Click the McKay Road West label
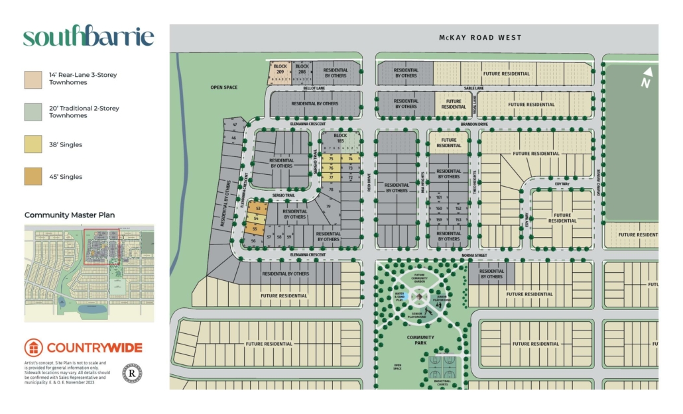[x=480, y=38]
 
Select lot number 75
[x=331, y=159]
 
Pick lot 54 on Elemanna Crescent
[x=255, y=218]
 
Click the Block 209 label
[x=280, y=68]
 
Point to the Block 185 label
[x=341, y=138]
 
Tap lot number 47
[x=234, y=125]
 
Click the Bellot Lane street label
[x=314, y=88]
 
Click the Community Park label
[x=420, y=340]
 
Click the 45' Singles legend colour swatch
[x=33, y=177]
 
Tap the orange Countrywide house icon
[x=34, y=348]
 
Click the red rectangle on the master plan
[x=101, y=247]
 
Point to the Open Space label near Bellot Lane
[x=223, y=87]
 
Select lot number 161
[x=438, y=197]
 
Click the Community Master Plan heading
[x=70, y=215]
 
